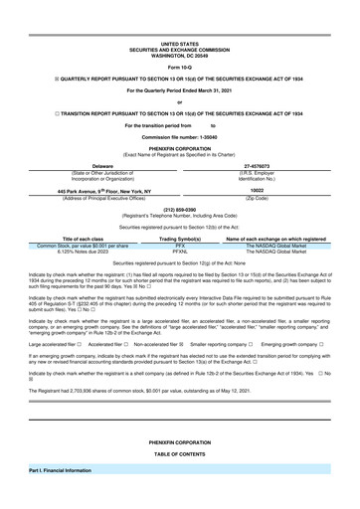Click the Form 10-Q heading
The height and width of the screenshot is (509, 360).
[179, 67]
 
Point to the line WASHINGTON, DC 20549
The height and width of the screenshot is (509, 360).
[179, 55]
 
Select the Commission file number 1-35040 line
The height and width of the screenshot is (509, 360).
[179, 134]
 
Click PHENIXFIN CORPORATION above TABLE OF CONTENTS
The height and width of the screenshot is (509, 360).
[179, 439]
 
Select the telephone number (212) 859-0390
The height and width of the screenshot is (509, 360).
[179, 209]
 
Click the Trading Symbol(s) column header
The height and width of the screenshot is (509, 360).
[181, 239]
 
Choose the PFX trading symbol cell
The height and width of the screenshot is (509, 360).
[181, 246]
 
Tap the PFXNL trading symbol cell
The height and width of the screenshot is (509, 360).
[181, 252]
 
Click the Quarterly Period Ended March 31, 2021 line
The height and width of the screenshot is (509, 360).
[179, 92]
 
